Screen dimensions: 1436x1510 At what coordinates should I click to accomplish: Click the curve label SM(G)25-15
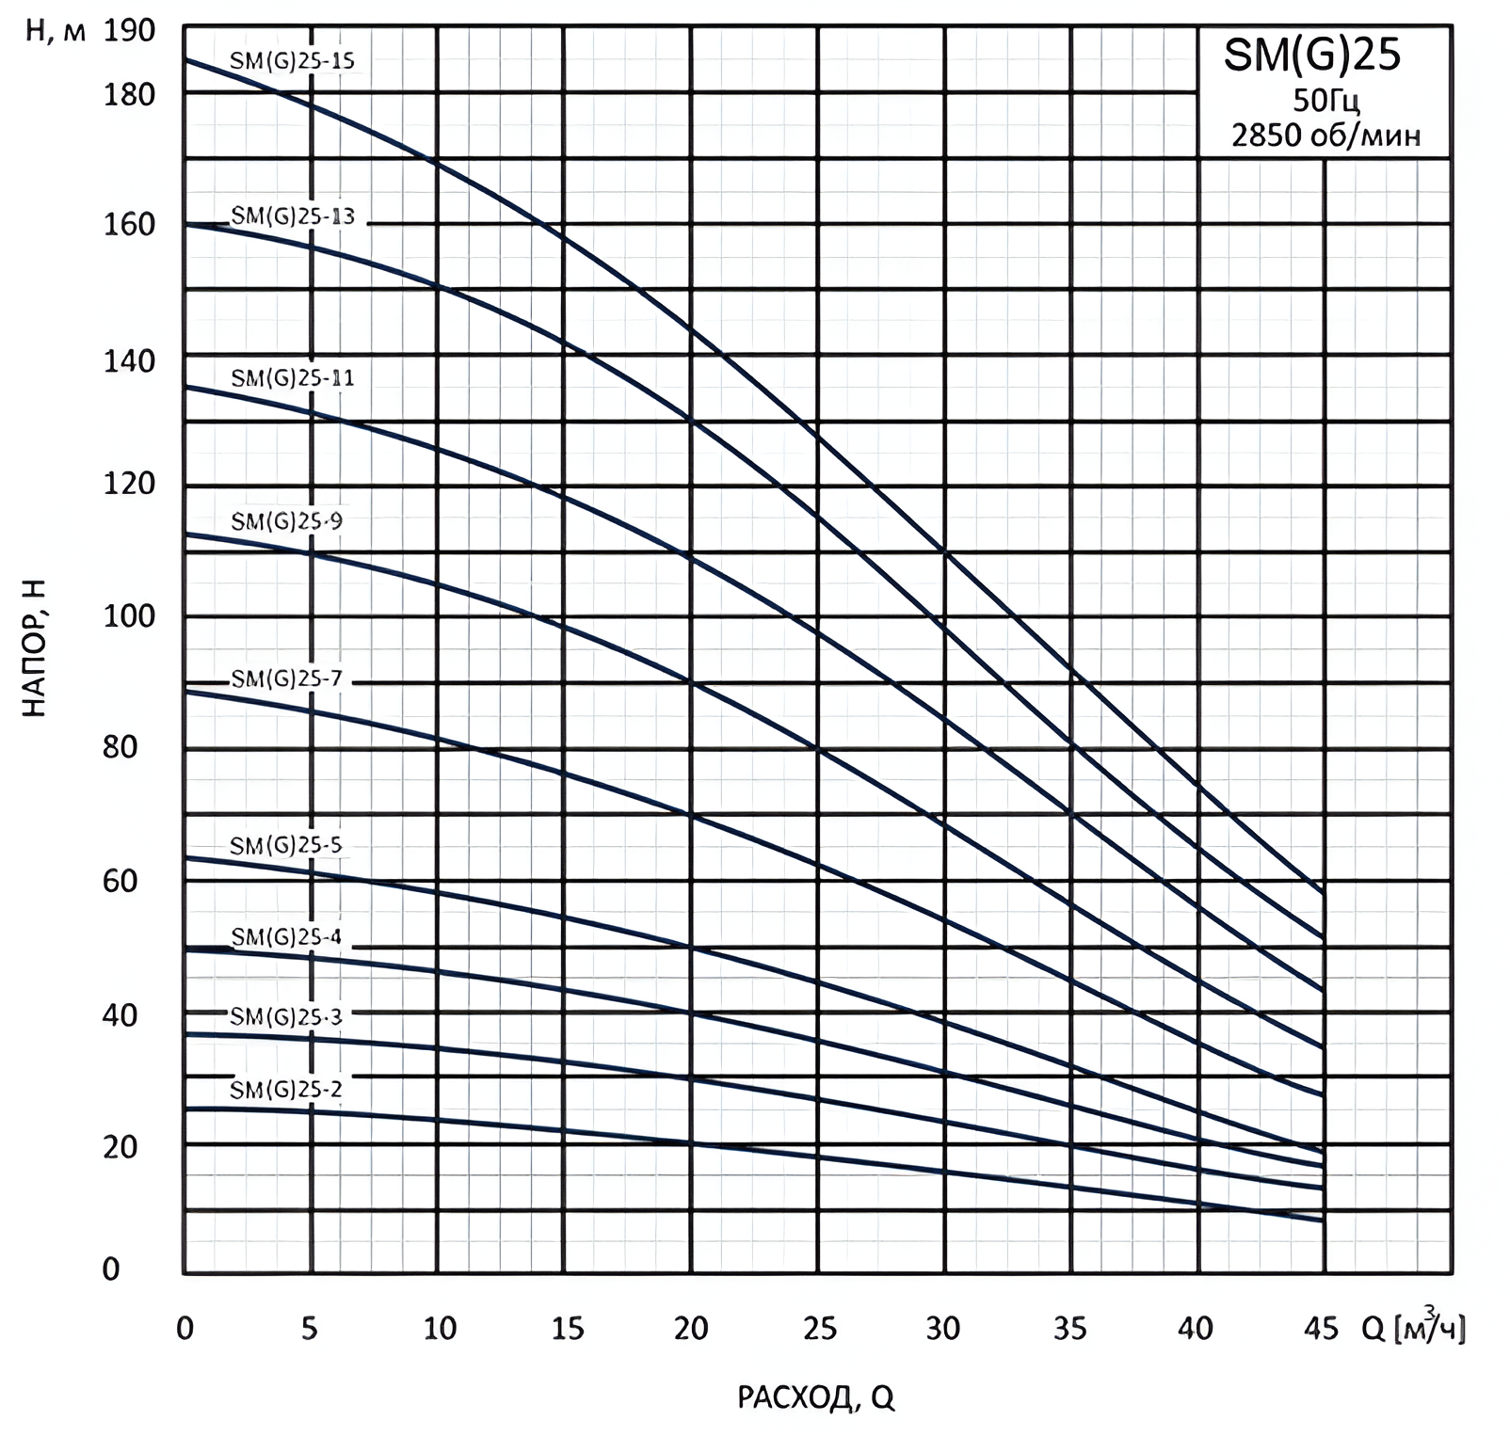tap(293, 61)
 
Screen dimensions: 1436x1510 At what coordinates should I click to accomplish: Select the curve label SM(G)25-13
tap(293, 216)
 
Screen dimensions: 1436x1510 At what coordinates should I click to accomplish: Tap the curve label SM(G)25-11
tap(293, 378)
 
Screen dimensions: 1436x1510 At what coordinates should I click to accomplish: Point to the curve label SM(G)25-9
tap(287, 520)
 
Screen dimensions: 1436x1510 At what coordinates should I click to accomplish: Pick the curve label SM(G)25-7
tap(287, 678)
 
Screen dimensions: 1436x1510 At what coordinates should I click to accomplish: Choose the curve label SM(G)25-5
tap(286, 845)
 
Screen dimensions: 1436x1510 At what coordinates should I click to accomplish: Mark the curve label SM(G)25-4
tap(286, 937)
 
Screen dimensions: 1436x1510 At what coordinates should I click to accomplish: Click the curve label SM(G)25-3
tap(286, 1016)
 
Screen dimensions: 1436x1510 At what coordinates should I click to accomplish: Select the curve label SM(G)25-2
tap(286, 1090)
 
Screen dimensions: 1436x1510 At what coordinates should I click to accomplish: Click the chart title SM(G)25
tap(1311, 56)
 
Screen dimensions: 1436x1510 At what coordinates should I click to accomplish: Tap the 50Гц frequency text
tap(1325, 101)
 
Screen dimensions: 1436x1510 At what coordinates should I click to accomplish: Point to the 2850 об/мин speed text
tap(1325, 136)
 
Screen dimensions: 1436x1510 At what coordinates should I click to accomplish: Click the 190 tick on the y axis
tap(129, 31)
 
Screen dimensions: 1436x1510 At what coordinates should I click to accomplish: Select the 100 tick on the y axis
tap(129, 616)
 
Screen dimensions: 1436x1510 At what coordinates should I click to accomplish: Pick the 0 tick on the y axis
tap(111, 1269)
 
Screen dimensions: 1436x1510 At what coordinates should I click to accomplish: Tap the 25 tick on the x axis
tap(819, 1328)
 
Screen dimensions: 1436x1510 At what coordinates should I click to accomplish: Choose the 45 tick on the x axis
tap(1322, 1328)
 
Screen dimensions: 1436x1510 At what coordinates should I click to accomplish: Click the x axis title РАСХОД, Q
tap(815, 1398)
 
